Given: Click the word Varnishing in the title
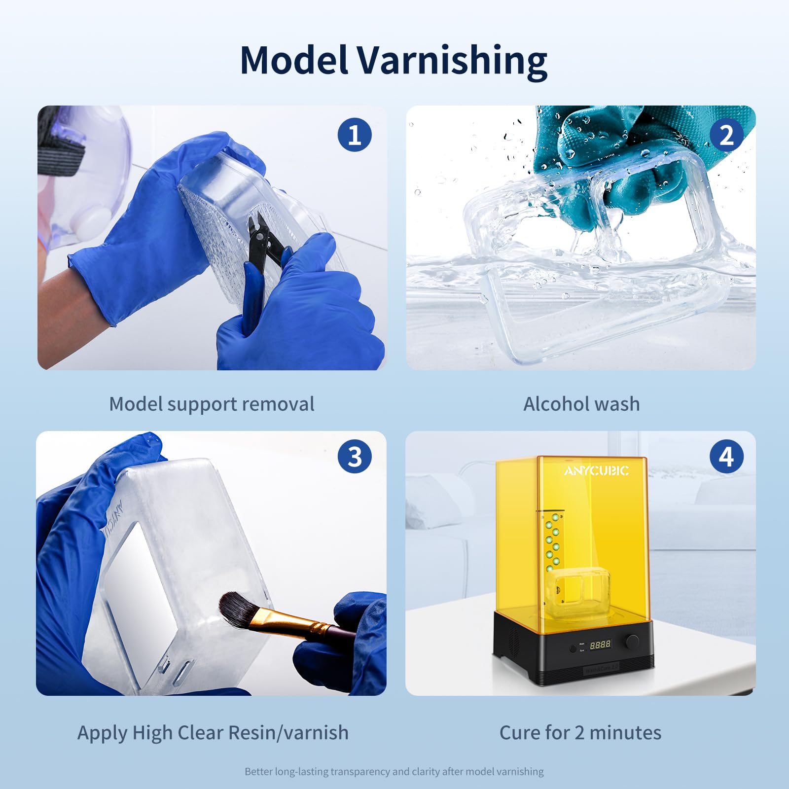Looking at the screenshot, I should point(452,61).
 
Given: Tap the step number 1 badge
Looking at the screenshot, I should point(355,135).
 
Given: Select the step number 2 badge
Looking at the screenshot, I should point(726,135).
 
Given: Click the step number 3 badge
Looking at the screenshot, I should point(355,456).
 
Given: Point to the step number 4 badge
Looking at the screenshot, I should point(726,456).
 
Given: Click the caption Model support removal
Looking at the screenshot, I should point(212,404).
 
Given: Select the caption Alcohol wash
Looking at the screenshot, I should point(581,404).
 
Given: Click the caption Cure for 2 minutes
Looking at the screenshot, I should point(580,733).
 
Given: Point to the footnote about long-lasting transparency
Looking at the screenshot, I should point(394,771).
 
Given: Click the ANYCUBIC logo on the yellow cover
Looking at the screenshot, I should point(596,471).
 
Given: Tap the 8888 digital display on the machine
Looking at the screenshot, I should point(600,645).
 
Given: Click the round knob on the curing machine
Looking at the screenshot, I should point(632,642).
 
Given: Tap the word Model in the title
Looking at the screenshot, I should point(294,61).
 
